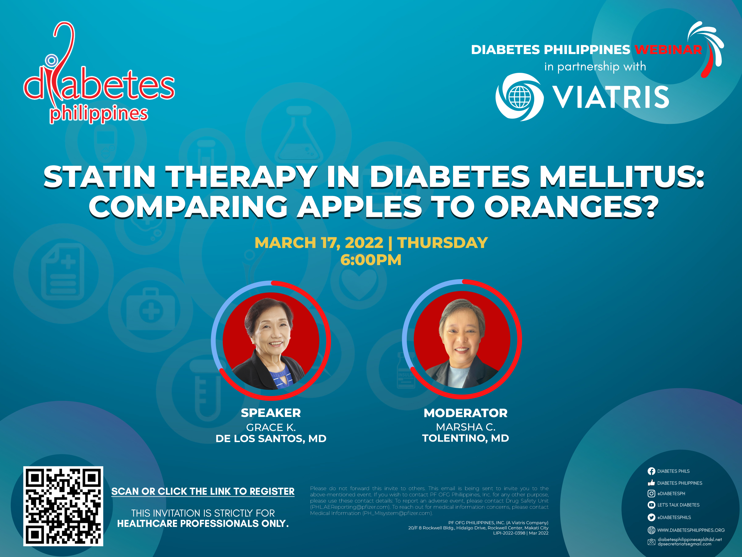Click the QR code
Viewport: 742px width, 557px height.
pyautogui.click(x=63, y=506)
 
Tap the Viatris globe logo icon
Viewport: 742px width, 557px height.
pyautogui.click(x=520, y=97)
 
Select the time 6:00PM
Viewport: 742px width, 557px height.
pyautogui.click(x=371, y=260)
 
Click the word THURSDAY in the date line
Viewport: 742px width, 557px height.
pyautogui.click(x=443, y=243)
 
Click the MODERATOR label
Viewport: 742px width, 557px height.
pyautogui.click(x=466, y=413)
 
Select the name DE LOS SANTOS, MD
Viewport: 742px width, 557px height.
pyautogui.click(x=271, y=438)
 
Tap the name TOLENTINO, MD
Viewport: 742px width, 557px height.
pyautogui.click(x=466, y=438)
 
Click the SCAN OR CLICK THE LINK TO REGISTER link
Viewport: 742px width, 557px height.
pyautogui.click(x=203, y=492)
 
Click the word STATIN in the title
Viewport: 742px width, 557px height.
pyautogui.click(x=100, y=177)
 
